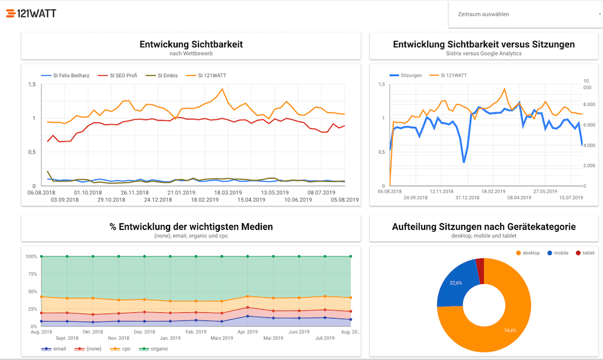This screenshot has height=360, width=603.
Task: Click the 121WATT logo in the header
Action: coord(31,13)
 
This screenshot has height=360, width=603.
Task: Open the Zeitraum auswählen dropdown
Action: coord(525,14)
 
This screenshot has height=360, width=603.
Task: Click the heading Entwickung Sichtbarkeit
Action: coord(191,44)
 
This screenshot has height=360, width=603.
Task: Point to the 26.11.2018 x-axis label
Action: coord(134,193)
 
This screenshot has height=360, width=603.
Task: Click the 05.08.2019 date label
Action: coord(344,200)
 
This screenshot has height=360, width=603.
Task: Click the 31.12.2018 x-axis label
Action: coord(467,198)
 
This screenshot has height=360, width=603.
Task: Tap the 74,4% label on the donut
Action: coord(509,330)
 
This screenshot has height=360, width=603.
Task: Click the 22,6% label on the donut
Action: coord(456,283)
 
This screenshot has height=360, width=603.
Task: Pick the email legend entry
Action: coord(59,349)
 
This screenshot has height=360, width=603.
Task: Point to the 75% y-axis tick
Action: coord(31,274)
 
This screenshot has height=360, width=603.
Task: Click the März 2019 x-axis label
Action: coord(222,338)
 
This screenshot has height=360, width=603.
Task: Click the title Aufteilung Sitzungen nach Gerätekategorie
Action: coord(484,226)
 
